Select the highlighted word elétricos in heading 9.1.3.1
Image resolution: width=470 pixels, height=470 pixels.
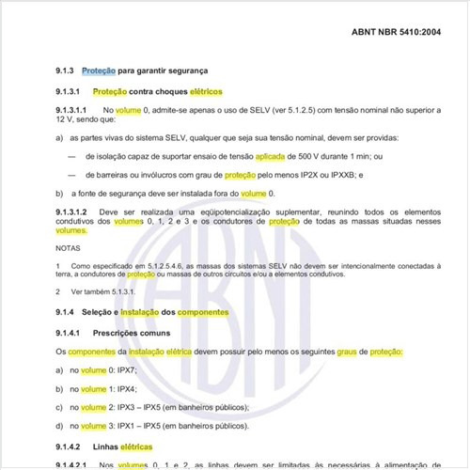(207, 92)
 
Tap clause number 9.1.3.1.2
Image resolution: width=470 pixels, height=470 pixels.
(75, 211)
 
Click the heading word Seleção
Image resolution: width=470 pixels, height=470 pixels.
(99, 312)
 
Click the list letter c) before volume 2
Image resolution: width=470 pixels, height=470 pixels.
(60, 407)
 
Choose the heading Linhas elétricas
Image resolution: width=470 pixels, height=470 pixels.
(123, 446)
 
